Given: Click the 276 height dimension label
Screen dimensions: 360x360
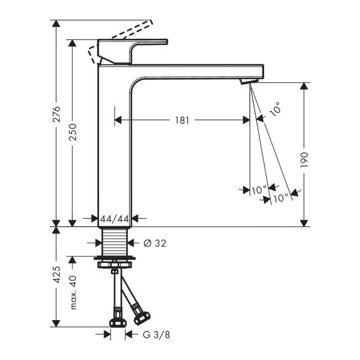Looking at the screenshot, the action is (56, 114).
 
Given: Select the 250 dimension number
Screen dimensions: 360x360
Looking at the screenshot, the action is (73, 132).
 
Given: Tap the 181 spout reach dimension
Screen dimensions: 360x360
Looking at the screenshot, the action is (182, 120).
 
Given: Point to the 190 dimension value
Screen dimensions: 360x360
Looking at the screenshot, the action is (305, 160).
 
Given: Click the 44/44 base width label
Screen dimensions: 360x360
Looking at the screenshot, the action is (115, 219).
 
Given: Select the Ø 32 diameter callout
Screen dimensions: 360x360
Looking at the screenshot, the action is (155, 243).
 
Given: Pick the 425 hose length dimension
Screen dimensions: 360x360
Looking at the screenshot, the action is (56, 275).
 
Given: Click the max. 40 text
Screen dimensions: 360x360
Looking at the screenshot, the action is (73, 292).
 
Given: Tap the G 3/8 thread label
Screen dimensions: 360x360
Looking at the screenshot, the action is (156, 335).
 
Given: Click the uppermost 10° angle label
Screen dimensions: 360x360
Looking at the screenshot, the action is (275, 109).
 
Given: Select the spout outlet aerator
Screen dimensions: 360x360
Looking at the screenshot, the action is (249, 81).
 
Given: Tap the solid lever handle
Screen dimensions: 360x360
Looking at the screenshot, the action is (132, 52).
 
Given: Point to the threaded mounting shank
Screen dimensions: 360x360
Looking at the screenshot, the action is (115, 242).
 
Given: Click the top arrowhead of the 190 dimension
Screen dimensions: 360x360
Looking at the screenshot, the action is (304, 86).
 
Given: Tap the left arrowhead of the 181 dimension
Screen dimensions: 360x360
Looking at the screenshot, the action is (118, 120).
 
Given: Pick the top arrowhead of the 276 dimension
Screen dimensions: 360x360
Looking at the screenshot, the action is (56, 24).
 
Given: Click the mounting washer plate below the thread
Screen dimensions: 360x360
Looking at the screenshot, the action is (115, 258).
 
